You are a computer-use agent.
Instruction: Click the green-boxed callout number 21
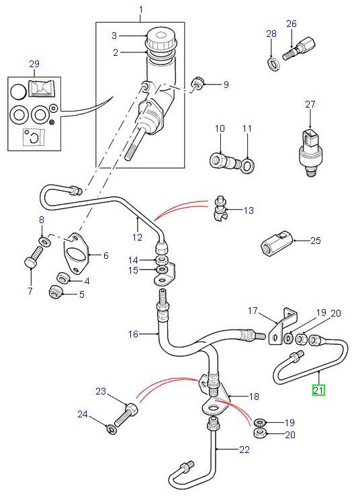click(x=318, y=389)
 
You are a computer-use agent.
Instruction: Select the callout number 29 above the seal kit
click(x=35, y=64)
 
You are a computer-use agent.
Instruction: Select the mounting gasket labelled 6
click(x=76, y=254)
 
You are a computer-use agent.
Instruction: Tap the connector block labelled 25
click(x=276, y=243)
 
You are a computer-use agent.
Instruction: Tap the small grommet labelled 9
click(x=199, y=83)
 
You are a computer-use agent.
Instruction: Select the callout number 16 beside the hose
click(x=133, y=333)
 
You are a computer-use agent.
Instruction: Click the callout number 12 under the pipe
click(x=137, y=237)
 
